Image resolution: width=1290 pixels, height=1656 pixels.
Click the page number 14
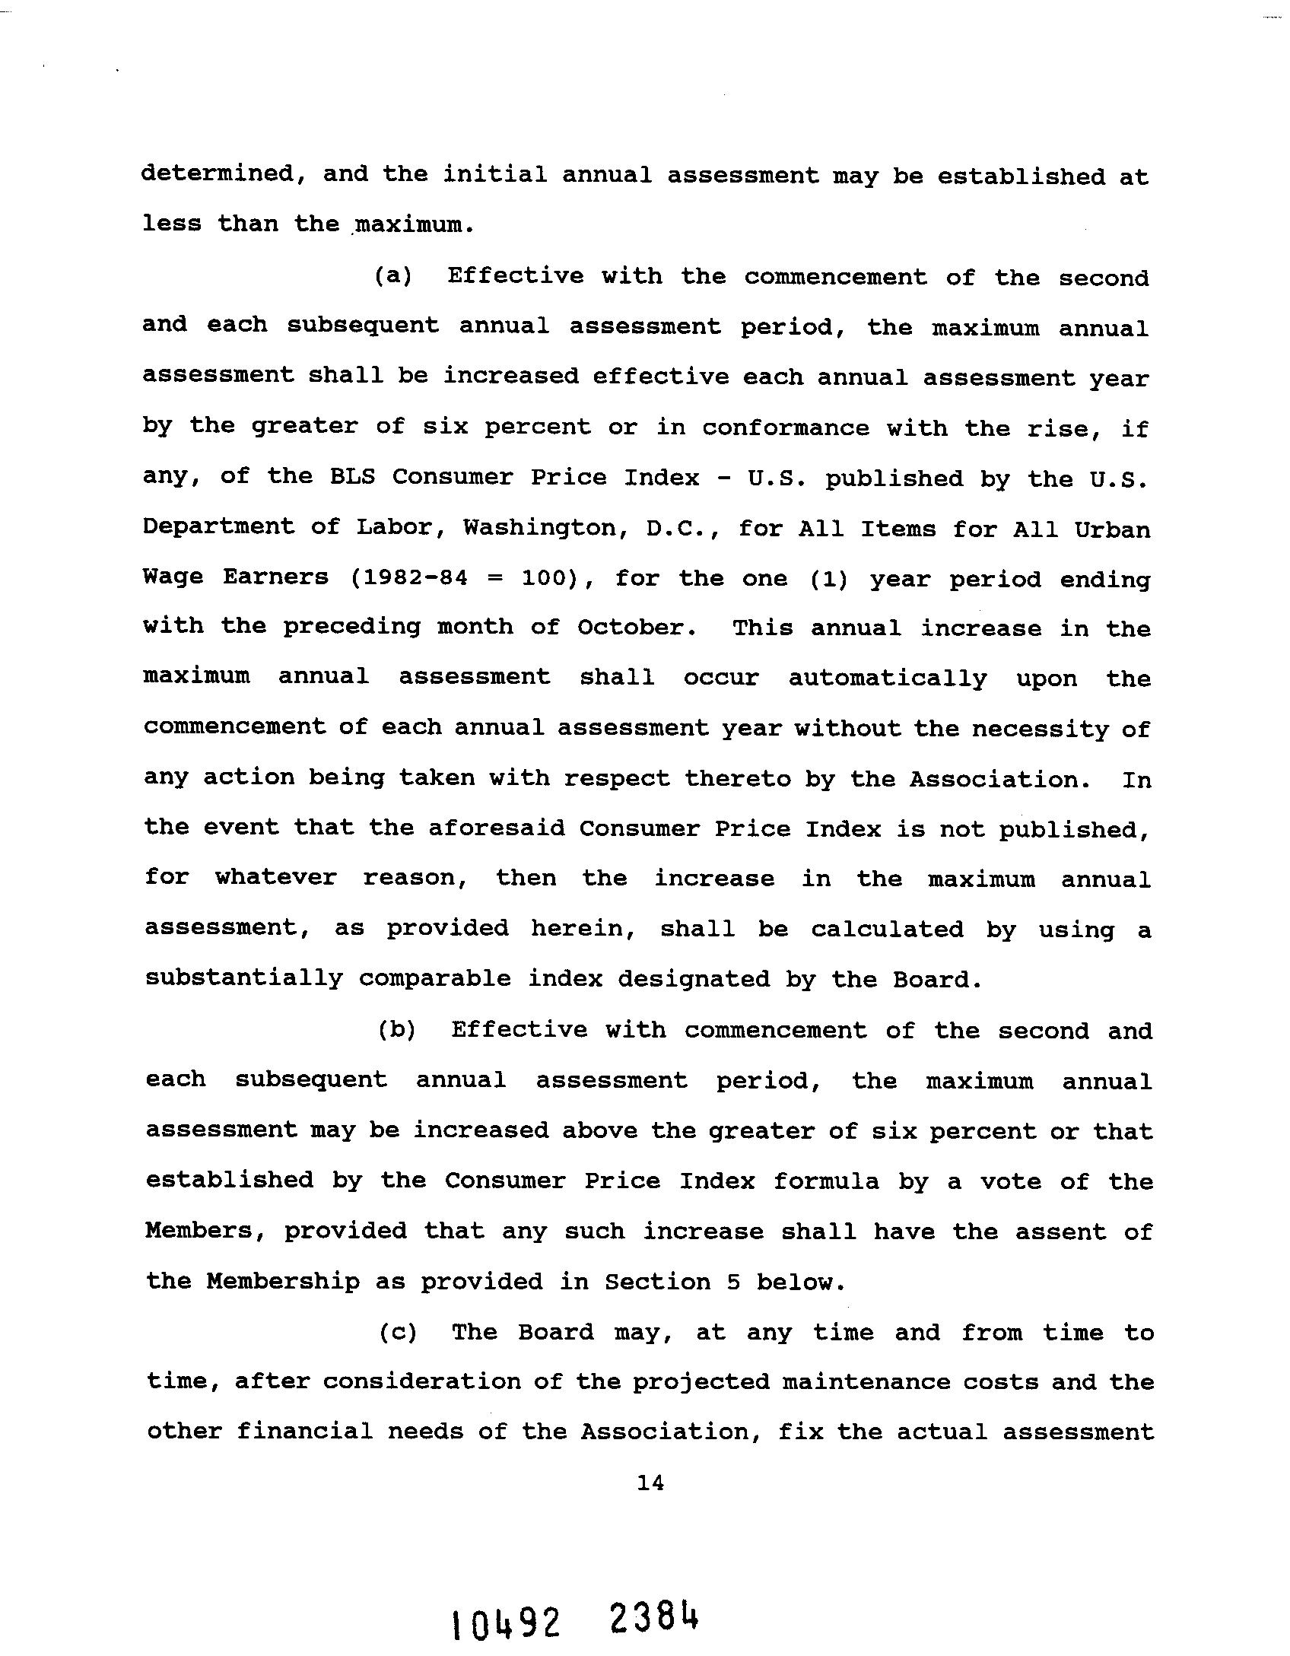[650, 1482]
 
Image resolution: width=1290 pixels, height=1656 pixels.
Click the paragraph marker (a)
[392, 275]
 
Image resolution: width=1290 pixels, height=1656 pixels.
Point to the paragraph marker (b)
[396, 1030]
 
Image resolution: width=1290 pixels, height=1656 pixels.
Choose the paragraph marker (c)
[398, 1332]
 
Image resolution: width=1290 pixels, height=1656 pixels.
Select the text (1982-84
[408, 577]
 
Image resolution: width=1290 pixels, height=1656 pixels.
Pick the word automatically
[888, 678]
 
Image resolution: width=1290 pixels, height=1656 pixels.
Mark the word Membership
[283, 1282]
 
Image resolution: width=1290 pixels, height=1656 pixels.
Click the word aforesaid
[496, 828]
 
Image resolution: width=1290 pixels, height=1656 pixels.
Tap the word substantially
[244, 978]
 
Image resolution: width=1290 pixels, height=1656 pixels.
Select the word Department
[218, 527]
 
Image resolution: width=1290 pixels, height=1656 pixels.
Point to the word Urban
[1112, 529]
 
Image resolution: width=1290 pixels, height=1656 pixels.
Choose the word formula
[826, 1181]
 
